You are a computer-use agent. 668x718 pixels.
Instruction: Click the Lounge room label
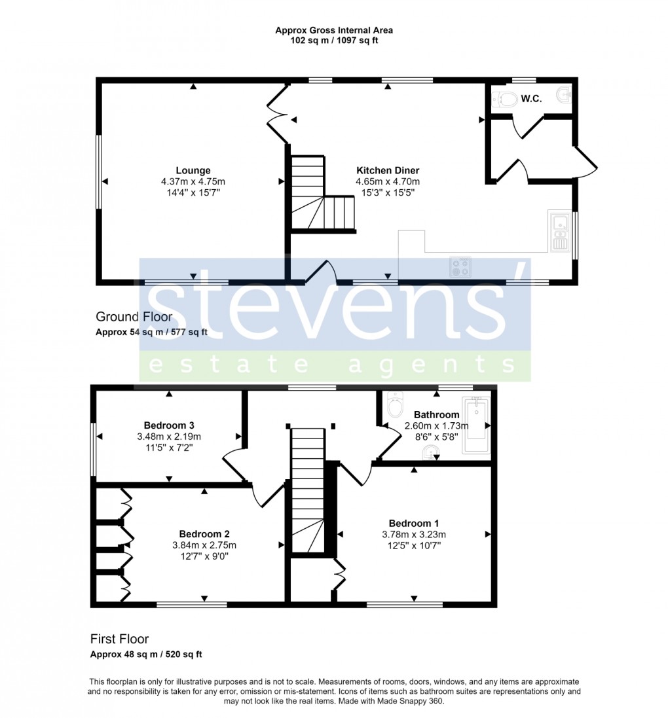pyautogui.click(x=193, y=171)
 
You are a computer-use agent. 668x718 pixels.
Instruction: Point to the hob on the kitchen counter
pyautogui.click(x=460, y=266)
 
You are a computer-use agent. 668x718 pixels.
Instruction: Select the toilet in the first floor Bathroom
pyautogui.click(x=395, y=405)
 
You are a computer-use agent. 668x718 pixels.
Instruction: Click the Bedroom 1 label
pyautogui.click(x=414, y=523)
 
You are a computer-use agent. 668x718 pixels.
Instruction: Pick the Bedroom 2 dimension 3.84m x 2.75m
pyautogui.click(x=205, y=545)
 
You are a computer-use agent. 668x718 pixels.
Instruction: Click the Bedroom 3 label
pyautogui.click(x=169, y=425)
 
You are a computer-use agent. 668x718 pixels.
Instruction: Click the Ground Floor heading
pyautogui.click(x=134, y=317)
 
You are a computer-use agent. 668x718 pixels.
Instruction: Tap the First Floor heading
pyautogui.click(x=120, y=639)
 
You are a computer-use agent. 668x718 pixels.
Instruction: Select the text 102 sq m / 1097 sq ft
pyautogui.click(x=334, y=41)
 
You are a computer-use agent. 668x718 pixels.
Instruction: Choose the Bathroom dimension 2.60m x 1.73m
pyautogui.click(x=436, y=426)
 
